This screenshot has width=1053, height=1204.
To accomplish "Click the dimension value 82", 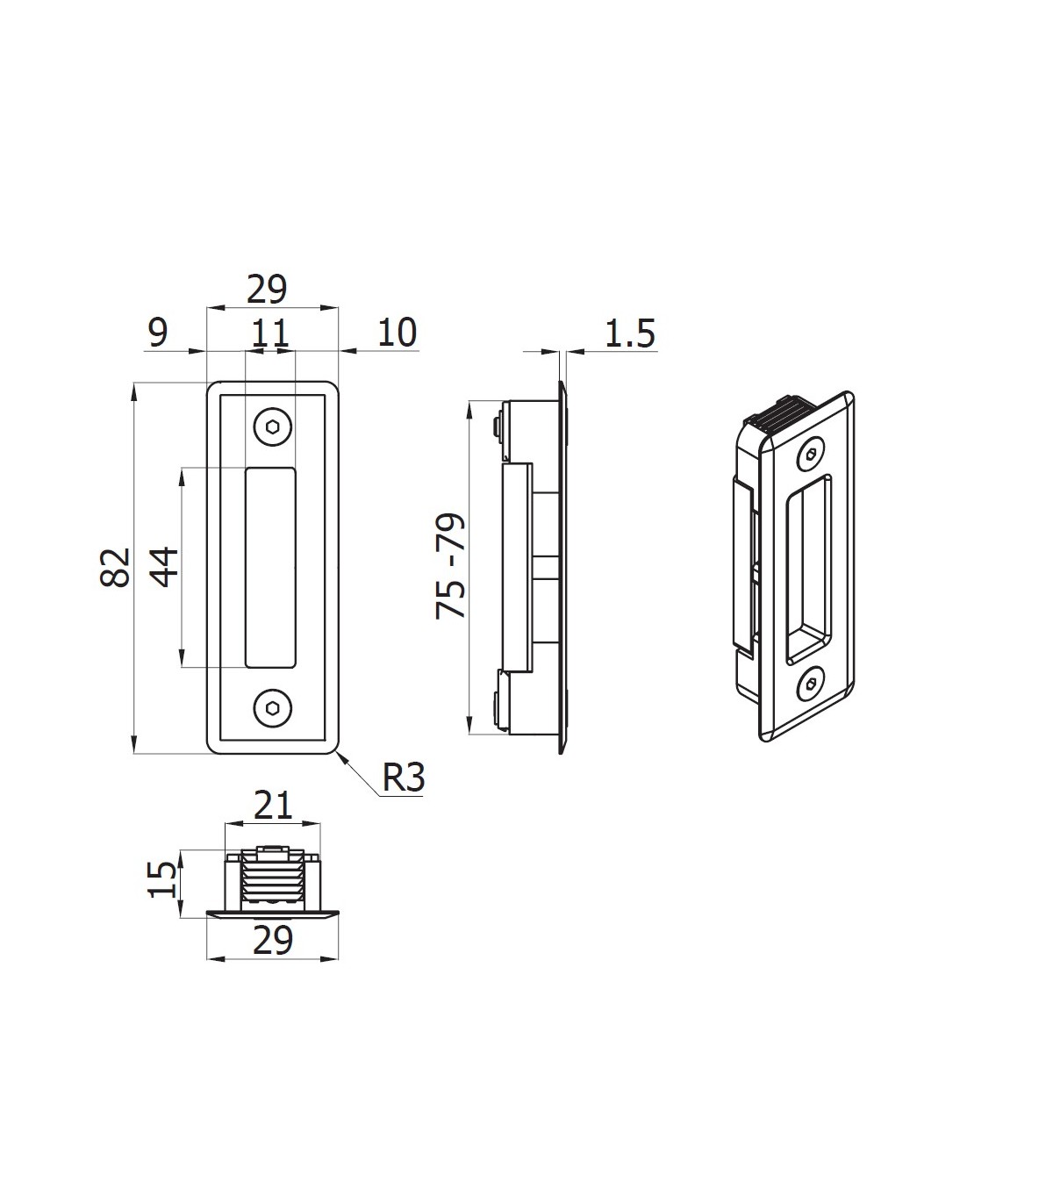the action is [115, 567].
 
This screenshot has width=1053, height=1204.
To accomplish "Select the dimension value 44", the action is [164, 567].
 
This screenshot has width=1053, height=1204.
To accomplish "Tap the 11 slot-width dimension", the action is [270, 333].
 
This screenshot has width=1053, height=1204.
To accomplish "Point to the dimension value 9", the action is [158, 333].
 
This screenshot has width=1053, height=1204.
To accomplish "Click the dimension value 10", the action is [398, 333].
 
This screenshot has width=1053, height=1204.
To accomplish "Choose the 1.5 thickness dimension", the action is [629, 333].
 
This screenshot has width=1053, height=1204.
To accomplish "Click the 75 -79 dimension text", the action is [451, 566].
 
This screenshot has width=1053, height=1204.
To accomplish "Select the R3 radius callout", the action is [404, 778].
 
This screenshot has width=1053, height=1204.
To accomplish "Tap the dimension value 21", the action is [273, 806].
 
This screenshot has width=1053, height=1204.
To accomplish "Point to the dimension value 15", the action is [161, 879].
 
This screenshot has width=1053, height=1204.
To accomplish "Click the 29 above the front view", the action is [267, 289].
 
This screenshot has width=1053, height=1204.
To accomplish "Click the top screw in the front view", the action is [273, 426].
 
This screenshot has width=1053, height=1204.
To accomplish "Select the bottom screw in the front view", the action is [273, 708].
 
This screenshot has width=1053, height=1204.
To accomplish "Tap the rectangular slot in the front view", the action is [270, 567].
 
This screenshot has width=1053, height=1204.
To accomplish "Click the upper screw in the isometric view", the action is [811, 454].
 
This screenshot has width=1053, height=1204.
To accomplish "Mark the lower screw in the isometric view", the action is [811, 684].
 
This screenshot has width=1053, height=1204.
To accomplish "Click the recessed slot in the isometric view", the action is [809, 569].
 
